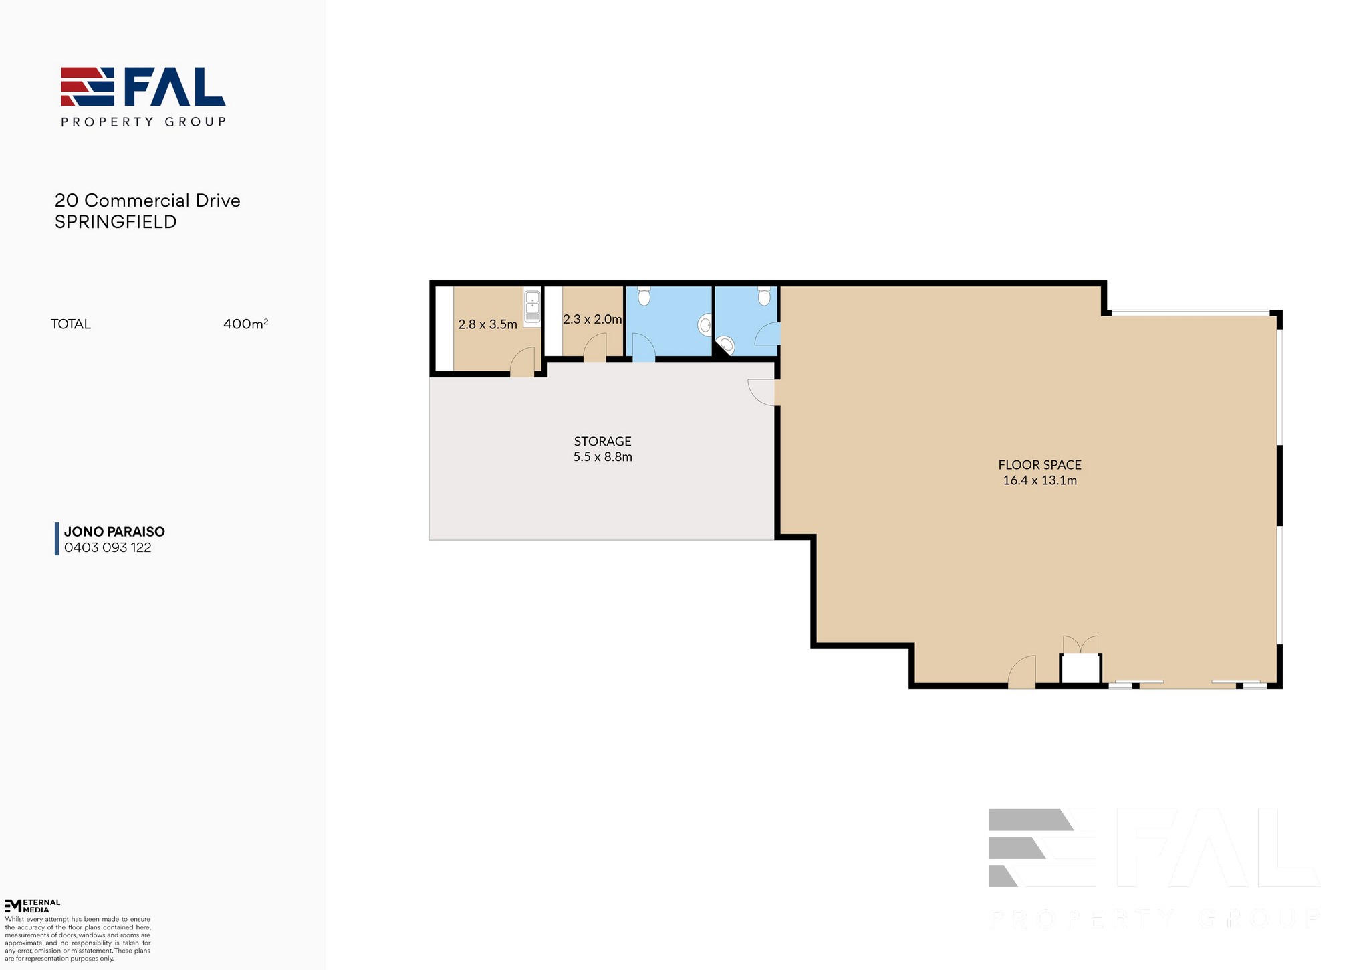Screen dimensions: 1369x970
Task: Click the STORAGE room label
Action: click(x=602, y=442)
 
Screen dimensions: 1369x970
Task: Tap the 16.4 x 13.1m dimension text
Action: click(x=1039, y=480)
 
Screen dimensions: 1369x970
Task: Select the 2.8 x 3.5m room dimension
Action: click(x=487, y=325)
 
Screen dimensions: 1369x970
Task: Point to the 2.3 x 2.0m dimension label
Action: click(x=592, y=320)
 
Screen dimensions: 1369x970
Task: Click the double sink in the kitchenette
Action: click(x=532, y=307)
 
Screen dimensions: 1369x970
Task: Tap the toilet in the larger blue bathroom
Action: click(x=644, y=296)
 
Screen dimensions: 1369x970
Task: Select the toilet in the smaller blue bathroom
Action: click(x=764, y=296)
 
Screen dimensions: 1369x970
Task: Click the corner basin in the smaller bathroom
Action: click(x=726, y=345)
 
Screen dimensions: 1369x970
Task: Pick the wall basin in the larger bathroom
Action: click(x=705, y=326)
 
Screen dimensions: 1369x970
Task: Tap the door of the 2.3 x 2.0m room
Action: click(x=595, y=348)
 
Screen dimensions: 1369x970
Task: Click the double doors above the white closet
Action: click(x=1080, y=644)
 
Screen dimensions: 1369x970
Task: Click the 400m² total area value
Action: click(x=246, y=324)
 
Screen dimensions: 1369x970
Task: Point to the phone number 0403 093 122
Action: click(x=108, y=547)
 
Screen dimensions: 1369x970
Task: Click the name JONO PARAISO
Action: click(x=114, y=532)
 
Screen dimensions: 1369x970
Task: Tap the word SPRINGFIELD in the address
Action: click(x=116, y=222)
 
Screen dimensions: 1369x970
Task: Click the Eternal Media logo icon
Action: click(x=13, y=906)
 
